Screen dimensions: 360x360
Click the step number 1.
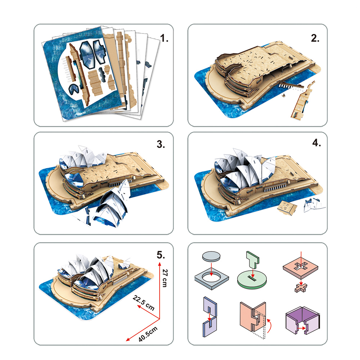coord(164,38)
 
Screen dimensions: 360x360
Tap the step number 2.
coord(315,38)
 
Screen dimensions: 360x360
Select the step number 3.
coord(161,144)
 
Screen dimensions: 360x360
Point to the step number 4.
coord(316,143)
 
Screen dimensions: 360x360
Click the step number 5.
coord(161,255)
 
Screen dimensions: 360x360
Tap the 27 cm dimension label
coord(165,278)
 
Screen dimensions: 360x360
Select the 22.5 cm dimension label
coord(144,303)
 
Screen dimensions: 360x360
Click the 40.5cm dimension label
coord(148,334)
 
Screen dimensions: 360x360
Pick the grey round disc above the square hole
coord(211,256)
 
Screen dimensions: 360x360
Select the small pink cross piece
coord(301,288)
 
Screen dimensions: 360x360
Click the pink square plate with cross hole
coord(301,268)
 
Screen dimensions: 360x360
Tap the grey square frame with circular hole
coord(211,278)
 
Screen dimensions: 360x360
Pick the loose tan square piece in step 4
coord(287,208)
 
